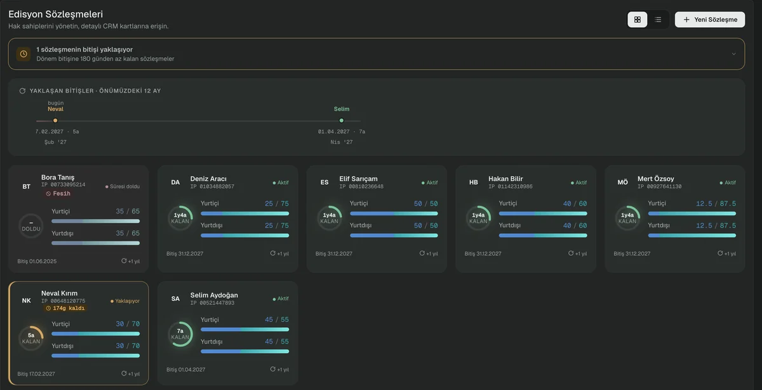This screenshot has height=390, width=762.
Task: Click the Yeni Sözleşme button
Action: [710, 20]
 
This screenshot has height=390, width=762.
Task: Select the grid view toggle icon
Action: [637, 20]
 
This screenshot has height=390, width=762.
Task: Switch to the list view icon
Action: [658, 20]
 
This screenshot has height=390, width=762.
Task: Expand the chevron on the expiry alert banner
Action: [733, 54]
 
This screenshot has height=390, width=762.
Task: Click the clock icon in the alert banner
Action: [23, 54]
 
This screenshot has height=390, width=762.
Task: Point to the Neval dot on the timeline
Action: [55, 121]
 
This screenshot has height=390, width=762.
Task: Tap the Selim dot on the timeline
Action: [341, 121]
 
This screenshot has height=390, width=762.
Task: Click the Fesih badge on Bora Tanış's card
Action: [58, 193]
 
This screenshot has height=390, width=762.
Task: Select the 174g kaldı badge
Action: [65, 308]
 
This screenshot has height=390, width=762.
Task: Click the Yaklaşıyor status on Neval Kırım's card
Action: [125, 301]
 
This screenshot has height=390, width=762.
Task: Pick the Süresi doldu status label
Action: [122, 187]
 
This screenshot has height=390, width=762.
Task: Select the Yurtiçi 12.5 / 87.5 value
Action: [716, 203]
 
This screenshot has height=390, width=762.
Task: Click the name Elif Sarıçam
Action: [358, 178]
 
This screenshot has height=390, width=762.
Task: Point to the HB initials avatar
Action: [473, 182]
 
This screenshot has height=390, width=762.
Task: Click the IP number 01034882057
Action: [212, 187]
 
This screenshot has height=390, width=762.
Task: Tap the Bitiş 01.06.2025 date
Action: [37, 261]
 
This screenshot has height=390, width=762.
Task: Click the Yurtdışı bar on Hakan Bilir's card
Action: [542, 236]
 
